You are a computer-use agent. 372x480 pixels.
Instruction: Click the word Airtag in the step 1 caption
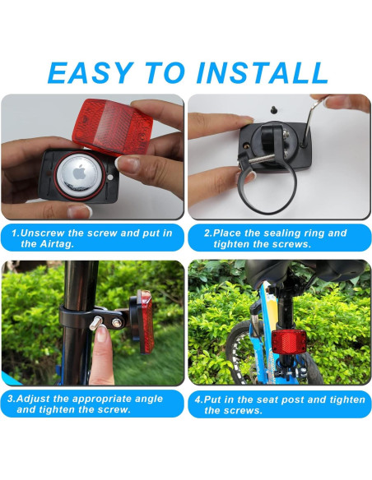(x=40, y=244)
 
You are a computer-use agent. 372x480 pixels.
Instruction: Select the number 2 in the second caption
(x=207, y=233)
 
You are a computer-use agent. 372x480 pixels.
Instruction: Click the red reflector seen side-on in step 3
(x=146, y=321)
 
